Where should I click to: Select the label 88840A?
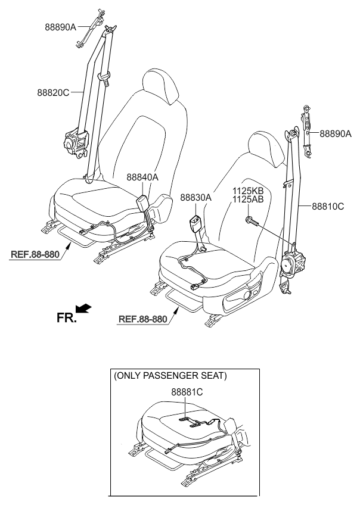[x=142, y=177]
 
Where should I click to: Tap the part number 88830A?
[x=195, y=197]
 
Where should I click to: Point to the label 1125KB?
[x=248, y=191]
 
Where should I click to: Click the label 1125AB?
[x=248, y=199]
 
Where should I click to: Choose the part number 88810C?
[x=327, y=207]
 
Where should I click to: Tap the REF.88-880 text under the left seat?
[x=35, y=255]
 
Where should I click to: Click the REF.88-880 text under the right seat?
[x=143, y=318]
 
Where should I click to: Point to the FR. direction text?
[x=67, y=318]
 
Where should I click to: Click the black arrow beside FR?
[x=85, y=308]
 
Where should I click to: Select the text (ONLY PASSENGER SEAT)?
[x=170, y=376]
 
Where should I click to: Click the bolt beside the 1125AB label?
[x=250, y=222]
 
